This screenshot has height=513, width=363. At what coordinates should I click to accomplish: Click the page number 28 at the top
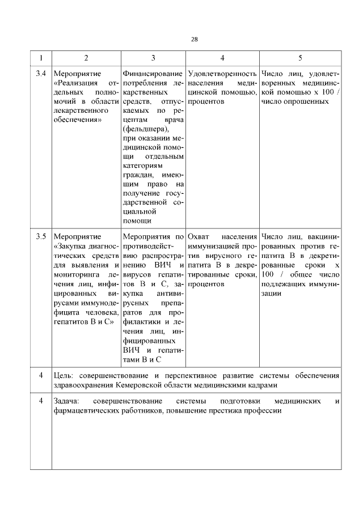click(194, 39)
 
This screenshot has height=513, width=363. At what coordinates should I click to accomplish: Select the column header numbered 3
click(153, 58)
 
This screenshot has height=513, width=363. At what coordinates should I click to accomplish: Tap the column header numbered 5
click(300, 58)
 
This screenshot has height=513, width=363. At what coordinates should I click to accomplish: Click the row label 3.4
click(40, 74)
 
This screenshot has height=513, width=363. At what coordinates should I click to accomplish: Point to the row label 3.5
click(40, 236)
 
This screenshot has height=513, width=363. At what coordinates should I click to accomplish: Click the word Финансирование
click(152, 74)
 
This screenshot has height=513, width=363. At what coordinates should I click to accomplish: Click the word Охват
click(199, 236)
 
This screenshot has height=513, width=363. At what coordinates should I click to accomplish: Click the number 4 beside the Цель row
click(40, 375)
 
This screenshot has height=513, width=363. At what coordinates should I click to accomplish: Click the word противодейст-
click(146, 245)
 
